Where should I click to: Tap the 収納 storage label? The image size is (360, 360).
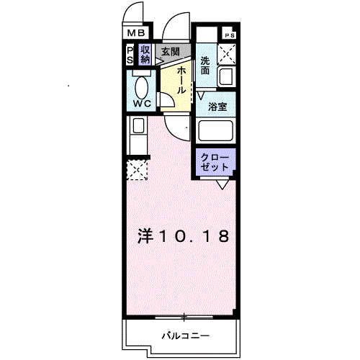coord(145,55)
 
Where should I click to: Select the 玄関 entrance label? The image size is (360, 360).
coord(171,52)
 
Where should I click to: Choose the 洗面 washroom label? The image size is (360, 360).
coord(205,65)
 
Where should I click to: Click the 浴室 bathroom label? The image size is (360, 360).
coord(218,107)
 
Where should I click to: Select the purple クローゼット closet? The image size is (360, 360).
coord(214,162)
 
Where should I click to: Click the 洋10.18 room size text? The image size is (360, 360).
coord(184,236)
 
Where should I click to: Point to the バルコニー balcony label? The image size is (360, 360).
coord(184,336)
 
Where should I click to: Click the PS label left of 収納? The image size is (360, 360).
coord(130,55)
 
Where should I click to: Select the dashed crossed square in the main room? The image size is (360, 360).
coord(136,171)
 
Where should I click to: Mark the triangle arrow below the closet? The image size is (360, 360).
coord(223,184)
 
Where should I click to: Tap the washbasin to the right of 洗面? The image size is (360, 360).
coord(228,75)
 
